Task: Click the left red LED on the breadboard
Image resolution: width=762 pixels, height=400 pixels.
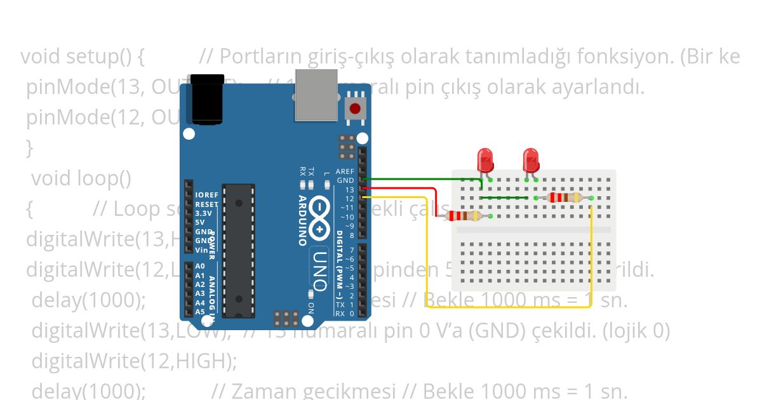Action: [485, 159]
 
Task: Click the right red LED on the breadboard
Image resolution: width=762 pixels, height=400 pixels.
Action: [531, 159]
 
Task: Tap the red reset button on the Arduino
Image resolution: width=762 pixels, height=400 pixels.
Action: [355, 109]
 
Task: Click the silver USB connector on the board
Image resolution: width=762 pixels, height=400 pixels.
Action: [316, 95]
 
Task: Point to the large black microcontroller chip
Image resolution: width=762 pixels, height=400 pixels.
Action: [239, 251]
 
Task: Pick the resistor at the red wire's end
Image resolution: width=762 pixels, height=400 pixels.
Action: [465, 216]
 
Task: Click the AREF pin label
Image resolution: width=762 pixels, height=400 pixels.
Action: [345, 171]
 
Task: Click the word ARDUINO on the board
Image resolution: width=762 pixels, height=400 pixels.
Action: [303, 220]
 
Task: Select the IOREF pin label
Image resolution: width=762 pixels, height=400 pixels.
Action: [206, 195]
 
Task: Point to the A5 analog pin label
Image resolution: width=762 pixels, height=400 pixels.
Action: [200, 312]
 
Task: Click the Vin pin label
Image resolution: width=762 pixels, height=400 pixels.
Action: [201, 250]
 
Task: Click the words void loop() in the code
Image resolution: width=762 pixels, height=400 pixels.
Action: [81, 178]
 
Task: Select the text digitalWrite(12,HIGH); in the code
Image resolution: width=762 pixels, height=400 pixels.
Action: [134, 361]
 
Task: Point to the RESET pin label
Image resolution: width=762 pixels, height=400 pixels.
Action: [206, 204]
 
